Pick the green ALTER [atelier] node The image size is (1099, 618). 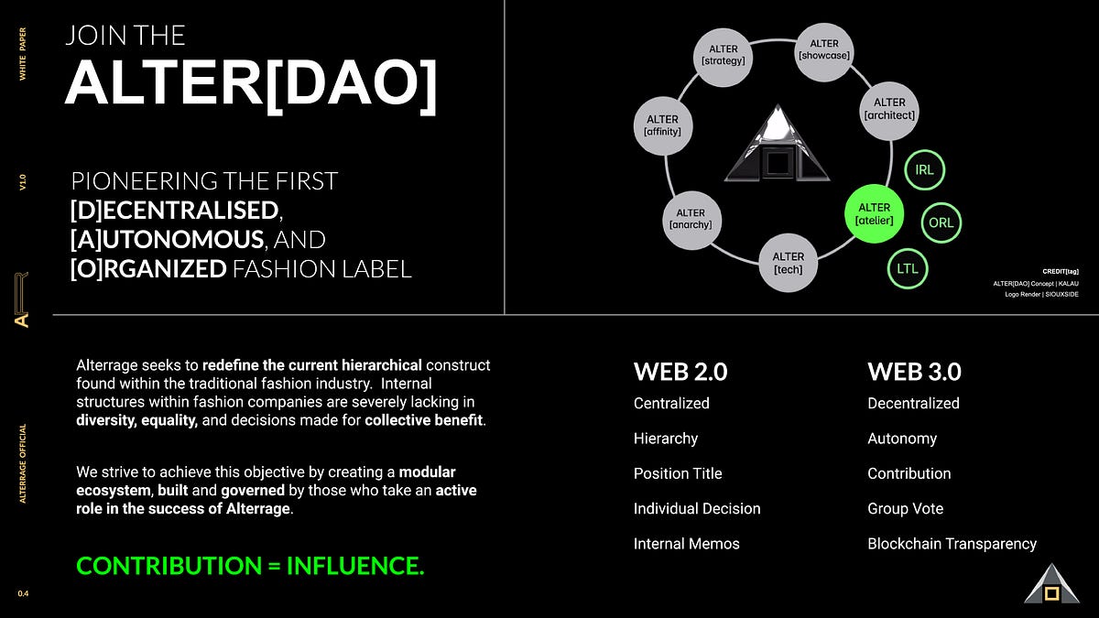[x=875, y=214]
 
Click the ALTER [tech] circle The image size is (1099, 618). [x=789, y=263]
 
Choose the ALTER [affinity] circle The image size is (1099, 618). [x=663, y=125]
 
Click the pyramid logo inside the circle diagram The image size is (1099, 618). [x=778, y=143]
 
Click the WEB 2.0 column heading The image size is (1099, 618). [x=680, y=372]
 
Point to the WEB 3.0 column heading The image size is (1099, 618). [x=915, y=372]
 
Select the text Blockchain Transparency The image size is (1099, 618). [x=952, y=544]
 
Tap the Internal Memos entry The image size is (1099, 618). [x=686, y=544]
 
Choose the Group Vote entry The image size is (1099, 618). [x=905, y=509]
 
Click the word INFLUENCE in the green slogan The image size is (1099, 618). [x=355, y=566]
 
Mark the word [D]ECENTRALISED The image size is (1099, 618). [x=175, y=211]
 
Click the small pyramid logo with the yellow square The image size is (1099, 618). [x=1051, y=584]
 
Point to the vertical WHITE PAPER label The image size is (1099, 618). [x=23, y=54]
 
